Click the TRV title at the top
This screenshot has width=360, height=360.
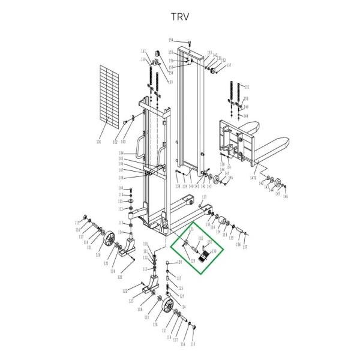click(x=179, y=16)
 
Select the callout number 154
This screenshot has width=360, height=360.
click(x=170, y=40)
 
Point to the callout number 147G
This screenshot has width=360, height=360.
click(x=253, y=178)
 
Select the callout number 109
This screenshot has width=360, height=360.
click(x=121, y=188)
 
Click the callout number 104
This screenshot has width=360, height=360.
click(x=121, y=154)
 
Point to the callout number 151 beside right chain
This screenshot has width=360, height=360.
click(x=246, y=86)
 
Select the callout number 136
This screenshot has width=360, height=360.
click(x=238, y=244)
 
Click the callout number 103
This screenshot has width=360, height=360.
click(x=123, y=142)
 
